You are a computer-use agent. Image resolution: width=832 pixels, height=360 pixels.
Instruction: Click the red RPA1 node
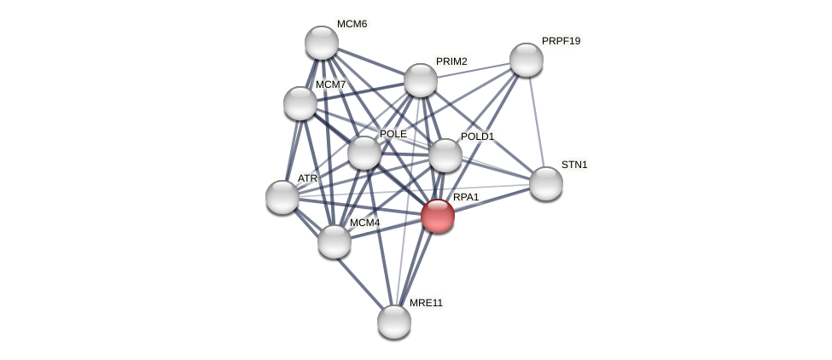438,216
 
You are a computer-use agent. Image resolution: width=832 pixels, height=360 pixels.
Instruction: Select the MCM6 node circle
322,43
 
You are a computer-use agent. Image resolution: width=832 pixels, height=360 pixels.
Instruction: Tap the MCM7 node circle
300,103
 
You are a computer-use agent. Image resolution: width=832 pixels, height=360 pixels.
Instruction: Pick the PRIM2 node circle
421,80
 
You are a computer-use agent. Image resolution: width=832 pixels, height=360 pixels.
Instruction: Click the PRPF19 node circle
527,60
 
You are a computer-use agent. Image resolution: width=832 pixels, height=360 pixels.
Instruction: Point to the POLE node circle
364,153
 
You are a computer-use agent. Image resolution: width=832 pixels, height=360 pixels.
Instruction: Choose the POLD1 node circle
445,155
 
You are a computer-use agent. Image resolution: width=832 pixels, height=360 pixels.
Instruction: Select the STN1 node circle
546,183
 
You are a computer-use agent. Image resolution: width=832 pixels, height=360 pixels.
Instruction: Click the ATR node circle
282,197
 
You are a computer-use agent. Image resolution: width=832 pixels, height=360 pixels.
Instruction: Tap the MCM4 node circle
335,241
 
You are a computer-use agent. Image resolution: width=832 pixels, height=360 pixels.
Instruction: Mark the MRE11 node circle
394,322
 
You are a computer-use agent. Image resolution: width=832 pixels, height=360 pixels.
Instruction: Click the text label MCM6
352,24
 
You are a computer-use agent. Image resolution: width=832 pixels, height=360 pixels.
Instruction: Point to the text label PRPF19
561,41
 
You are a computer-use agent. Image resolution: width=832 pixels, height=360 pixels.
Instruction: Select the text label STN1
574,165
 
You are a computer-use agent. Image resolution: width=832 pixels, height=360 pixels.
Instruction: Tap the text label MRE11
426,303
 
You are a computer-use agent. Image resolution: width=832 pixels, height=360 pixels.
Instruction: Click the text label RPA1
466,197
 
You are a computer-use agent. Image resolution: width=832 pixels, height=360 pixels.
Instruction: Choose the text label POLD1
477,136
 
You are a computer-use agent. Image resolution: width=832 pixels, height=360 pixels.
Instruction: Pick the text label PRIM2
451,61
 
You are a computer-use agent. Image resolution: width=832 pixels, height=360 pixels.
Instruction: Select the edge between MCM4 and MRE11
364,282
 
